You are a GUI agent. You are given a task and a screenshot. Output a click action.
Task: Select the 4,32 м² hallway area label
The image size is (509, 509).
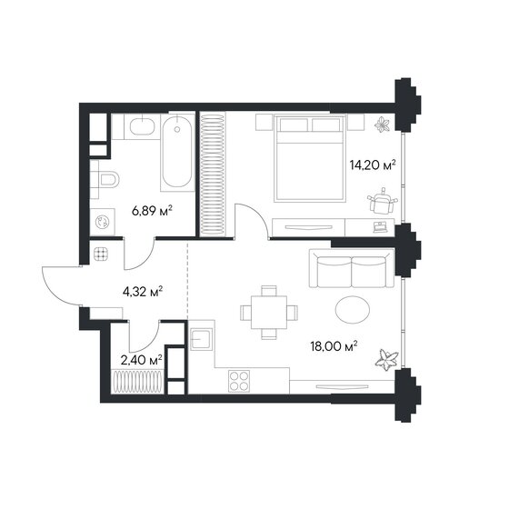click(142, 292)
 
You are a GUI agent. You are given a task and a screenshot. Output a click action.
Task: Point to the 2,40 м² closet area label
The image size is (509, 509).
click(141, 359)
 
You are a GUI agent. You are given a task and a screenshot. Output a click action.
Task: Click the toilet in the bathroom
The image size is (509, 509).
click(106, 179)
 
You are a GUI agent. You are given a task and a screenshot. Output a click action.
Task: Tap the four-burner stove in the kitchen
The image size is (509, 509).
click(239, 381)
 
